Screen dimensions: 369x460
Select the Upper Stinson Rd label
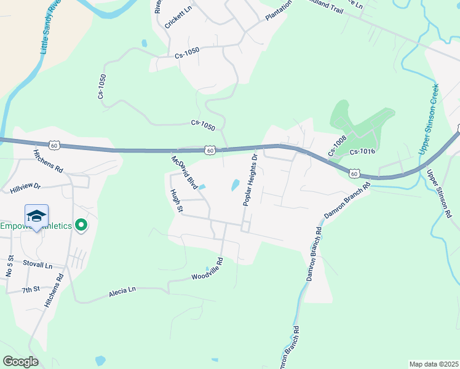(x=439, y=194)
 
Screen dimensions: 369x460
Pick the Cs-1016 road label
(x=362, y=152)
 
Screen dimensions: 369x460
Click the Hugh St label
(x=176, y=201)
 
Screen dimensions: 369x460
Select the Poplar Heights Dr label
(x=249, y=180)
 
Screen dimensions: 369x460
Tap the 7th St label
(x=31, y=289)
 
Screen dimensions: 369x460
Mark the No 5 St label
(x=9, y=266)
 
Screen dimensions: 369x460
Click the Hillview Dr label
(x=25, y=187)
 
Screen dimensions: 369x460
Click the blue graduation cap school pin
(x=37, y=216)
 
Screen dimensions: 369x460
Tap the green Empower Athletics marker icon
(x=80, y=226)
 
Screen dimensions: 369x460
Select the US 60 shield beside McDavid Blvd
(x=210, y=149)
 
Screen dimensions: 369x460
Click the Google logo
(x=20, y=362)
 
